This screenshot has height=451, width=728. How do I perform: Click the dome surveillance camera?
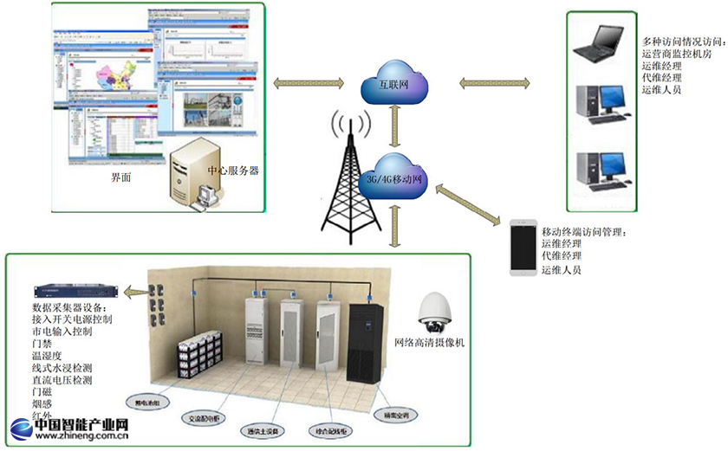coord(434,313)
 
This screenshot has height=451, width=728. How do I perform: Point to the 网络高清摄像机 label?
coord(430,344)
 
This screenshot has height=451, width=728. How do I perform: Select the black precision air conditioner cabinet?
coord(367,341)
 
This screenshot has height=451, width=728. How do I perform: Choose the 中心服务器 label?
coord(232,171)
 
